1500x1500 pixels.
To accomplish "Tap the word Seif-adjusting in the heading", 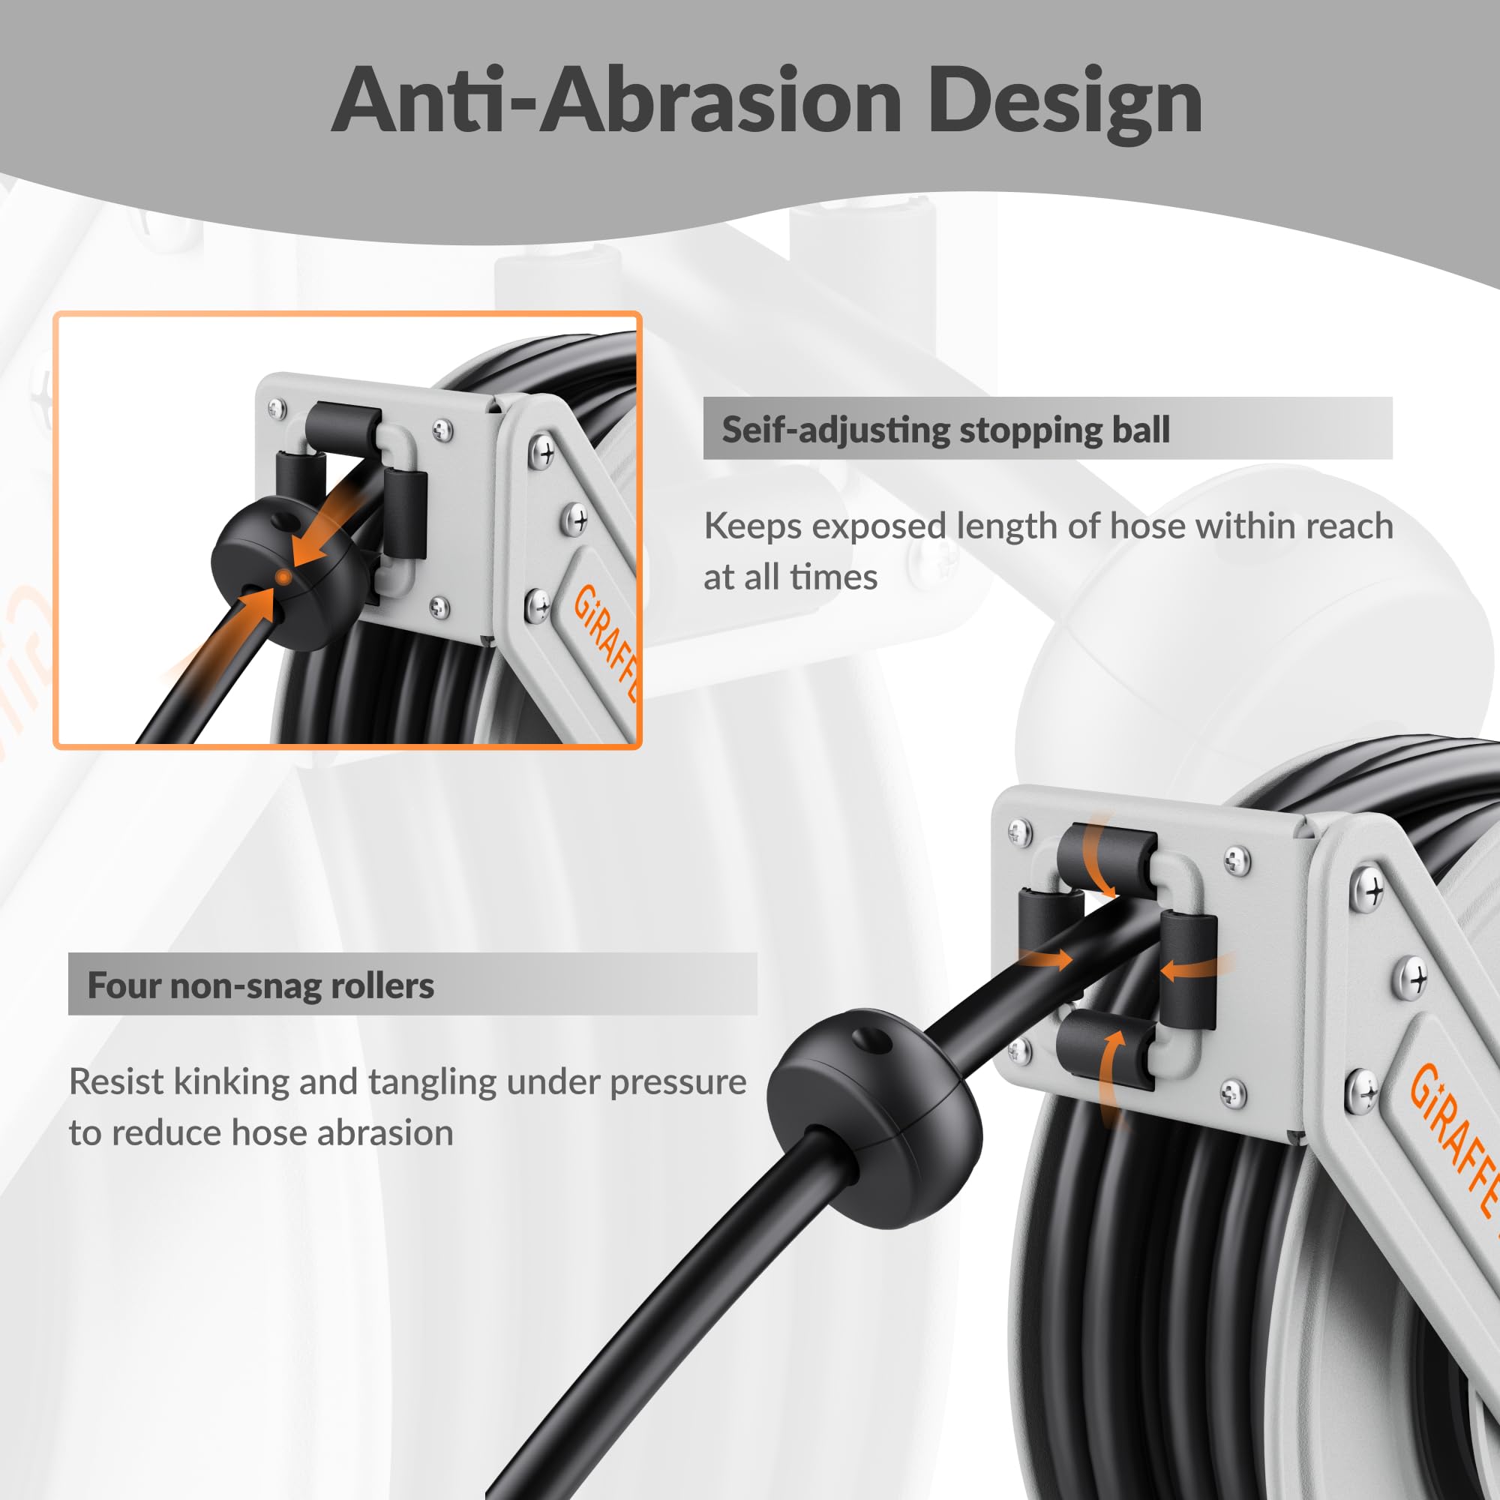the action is tap(836, 430).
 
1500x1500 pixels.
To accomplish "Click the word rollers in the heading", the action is tap(382, 985).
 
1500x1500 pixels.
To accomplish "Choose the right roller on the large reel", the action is tap(1188, 970).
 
